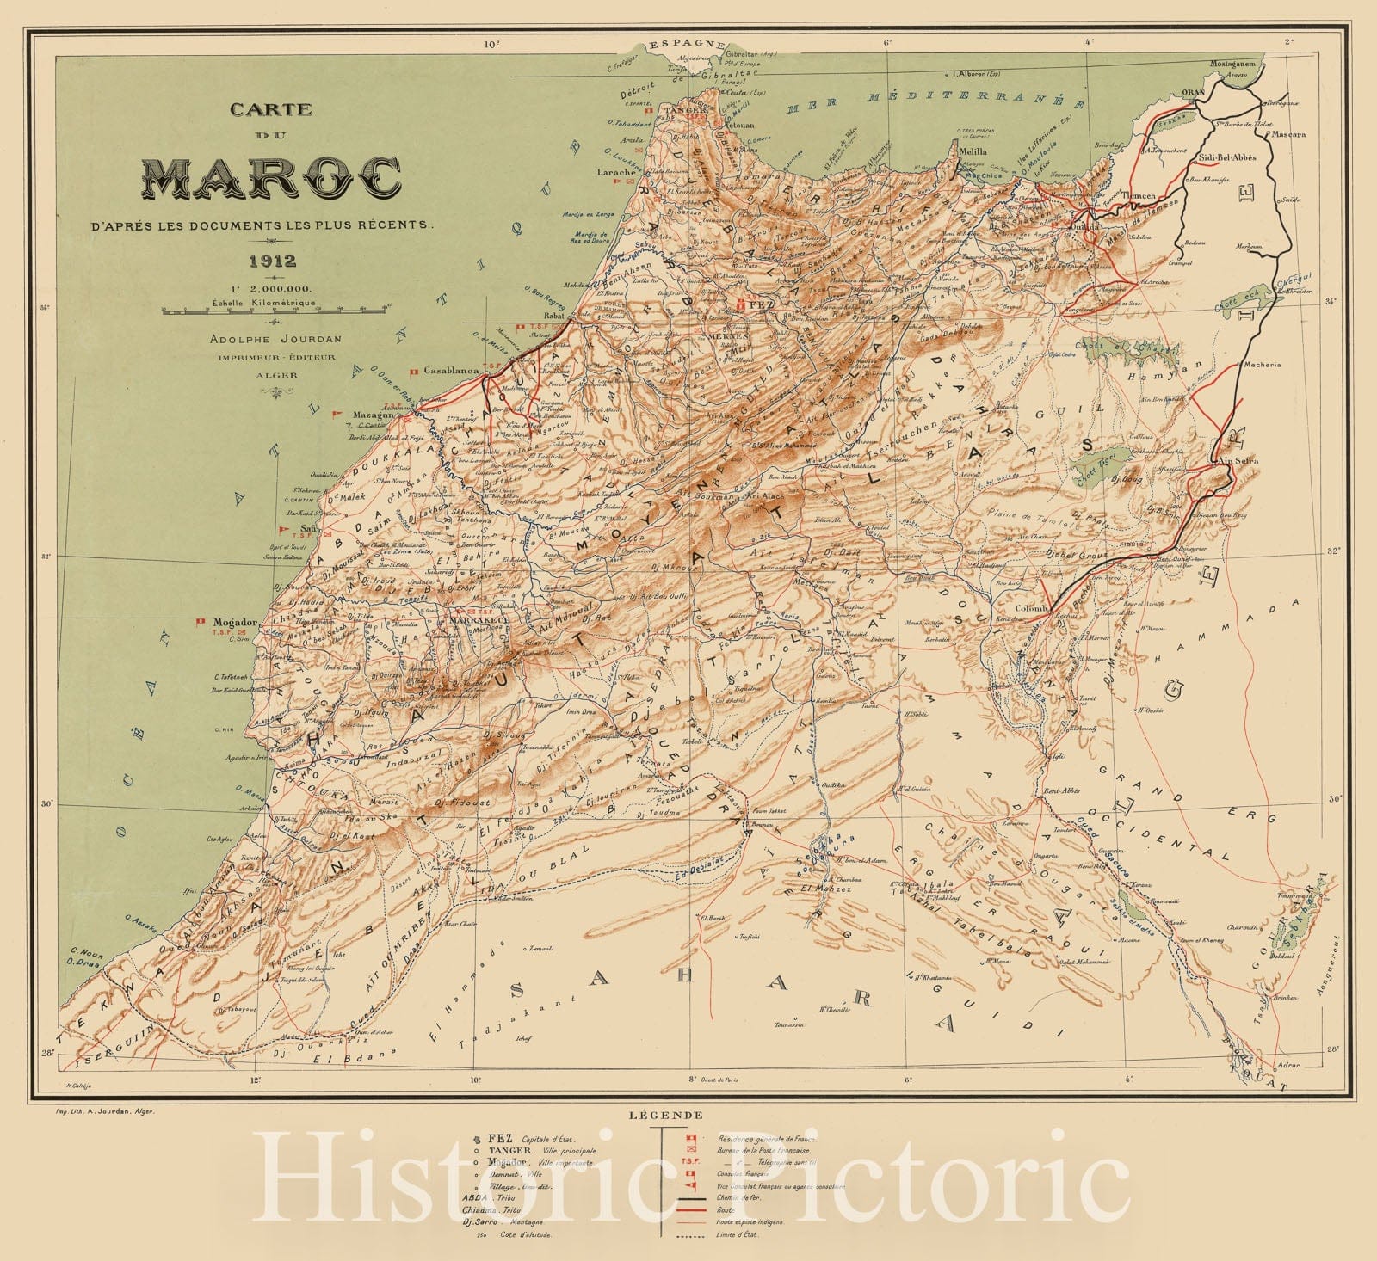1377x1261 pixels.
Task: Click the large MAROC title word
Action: (x=271, y=178)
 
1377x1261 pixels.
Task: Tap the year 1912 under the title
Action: (x=271, y=261)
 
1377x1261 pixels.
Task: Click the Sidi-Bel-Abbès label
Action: (x=1228, y=158)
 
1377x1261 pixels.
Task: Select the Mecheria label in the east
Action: (x=1261, y=364)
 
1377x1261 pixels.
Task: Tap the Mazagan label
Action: (x=373, y=415)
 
